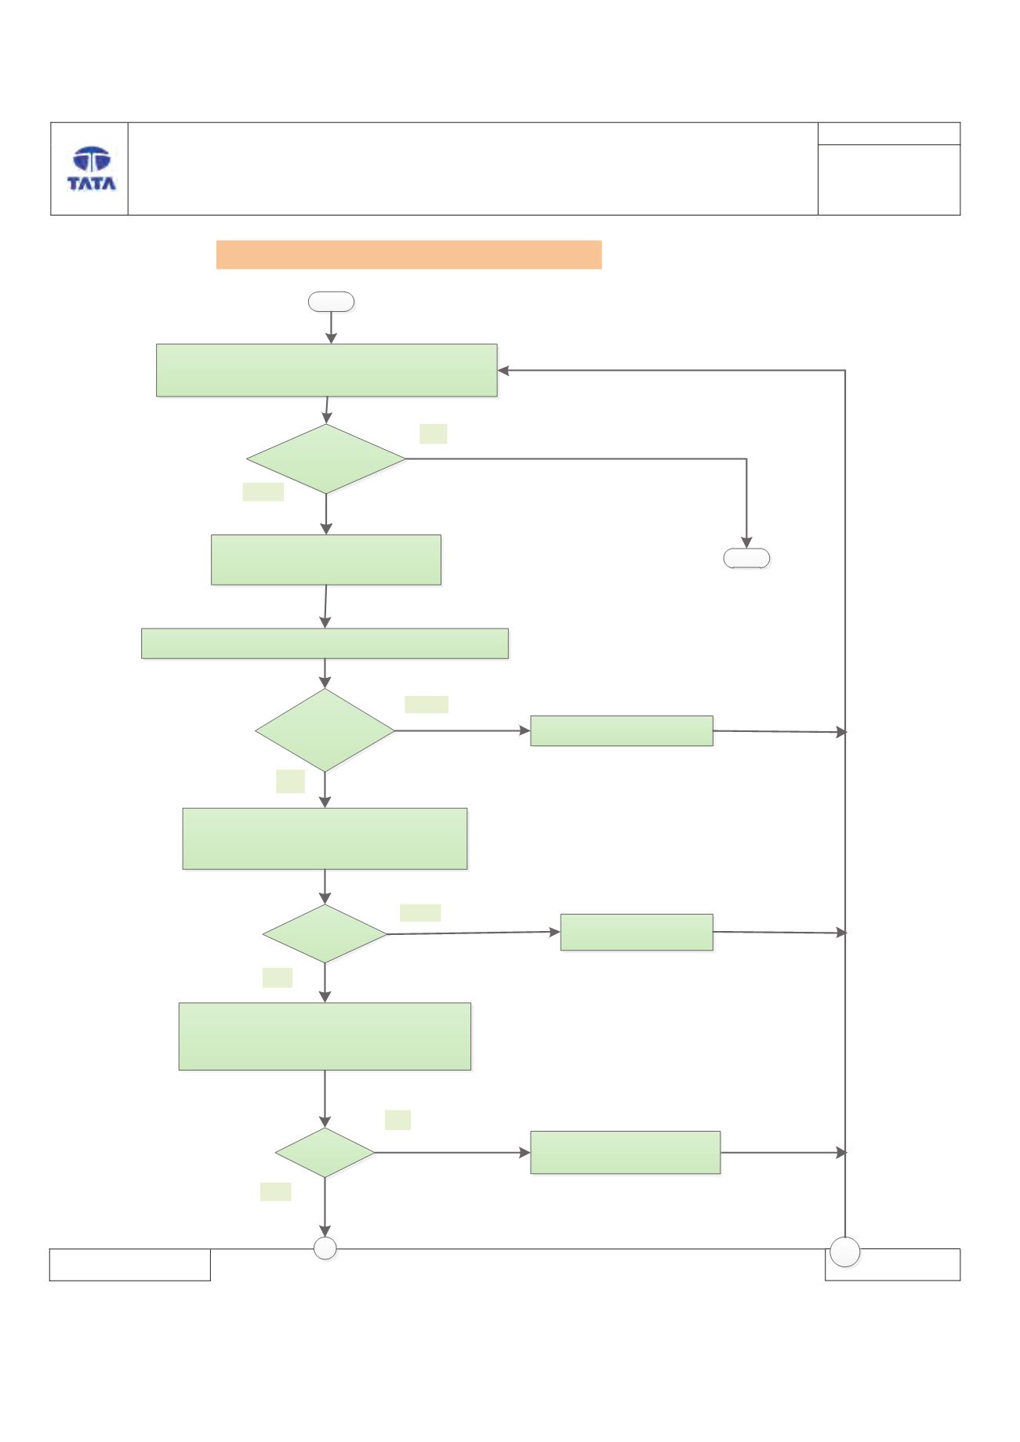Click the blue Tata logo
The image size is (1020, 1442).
click(92, 168)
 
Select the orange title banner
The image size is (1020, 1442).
click(408, 255)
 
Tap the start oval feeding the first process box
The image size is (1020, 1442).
click(331, 302)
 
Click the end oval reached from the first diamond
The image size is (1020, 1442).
click(746, 558)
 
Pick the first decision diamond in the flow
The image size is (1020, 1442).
click(326, 459)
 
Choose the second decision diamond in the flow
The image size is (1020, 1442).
click(325, 730)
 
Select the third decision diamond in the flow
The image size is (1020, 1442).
click(325, 934)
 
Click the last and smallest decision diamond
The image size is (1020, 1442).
click(325, 1153)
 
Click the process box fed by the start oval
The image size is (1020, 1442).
click(327, 370)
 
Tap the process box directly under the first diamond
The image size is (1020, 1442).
click(326, 560)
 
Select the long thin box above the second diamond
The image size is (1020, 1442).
click(325, 643)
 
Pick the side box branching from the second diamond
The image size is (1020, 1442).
click(622, 730)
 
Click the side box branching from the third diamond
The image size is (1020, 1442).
click(637, 932)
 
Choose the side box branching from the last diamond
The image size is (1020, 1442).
click(626, 1152)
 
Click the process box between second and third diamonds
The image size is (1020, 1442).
click(325, 839)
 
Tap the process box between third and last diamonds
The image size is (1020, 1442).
click(325, 1036)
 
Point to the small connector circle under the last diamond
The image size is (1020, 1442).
click(325, 1248)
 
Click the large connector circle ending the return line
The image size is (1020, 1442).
click(845, 1252)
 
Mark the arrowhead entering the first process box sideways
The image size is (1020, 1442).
click(503, 371)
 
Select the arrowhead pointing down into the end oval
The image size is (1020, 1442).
click(747, 542)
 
